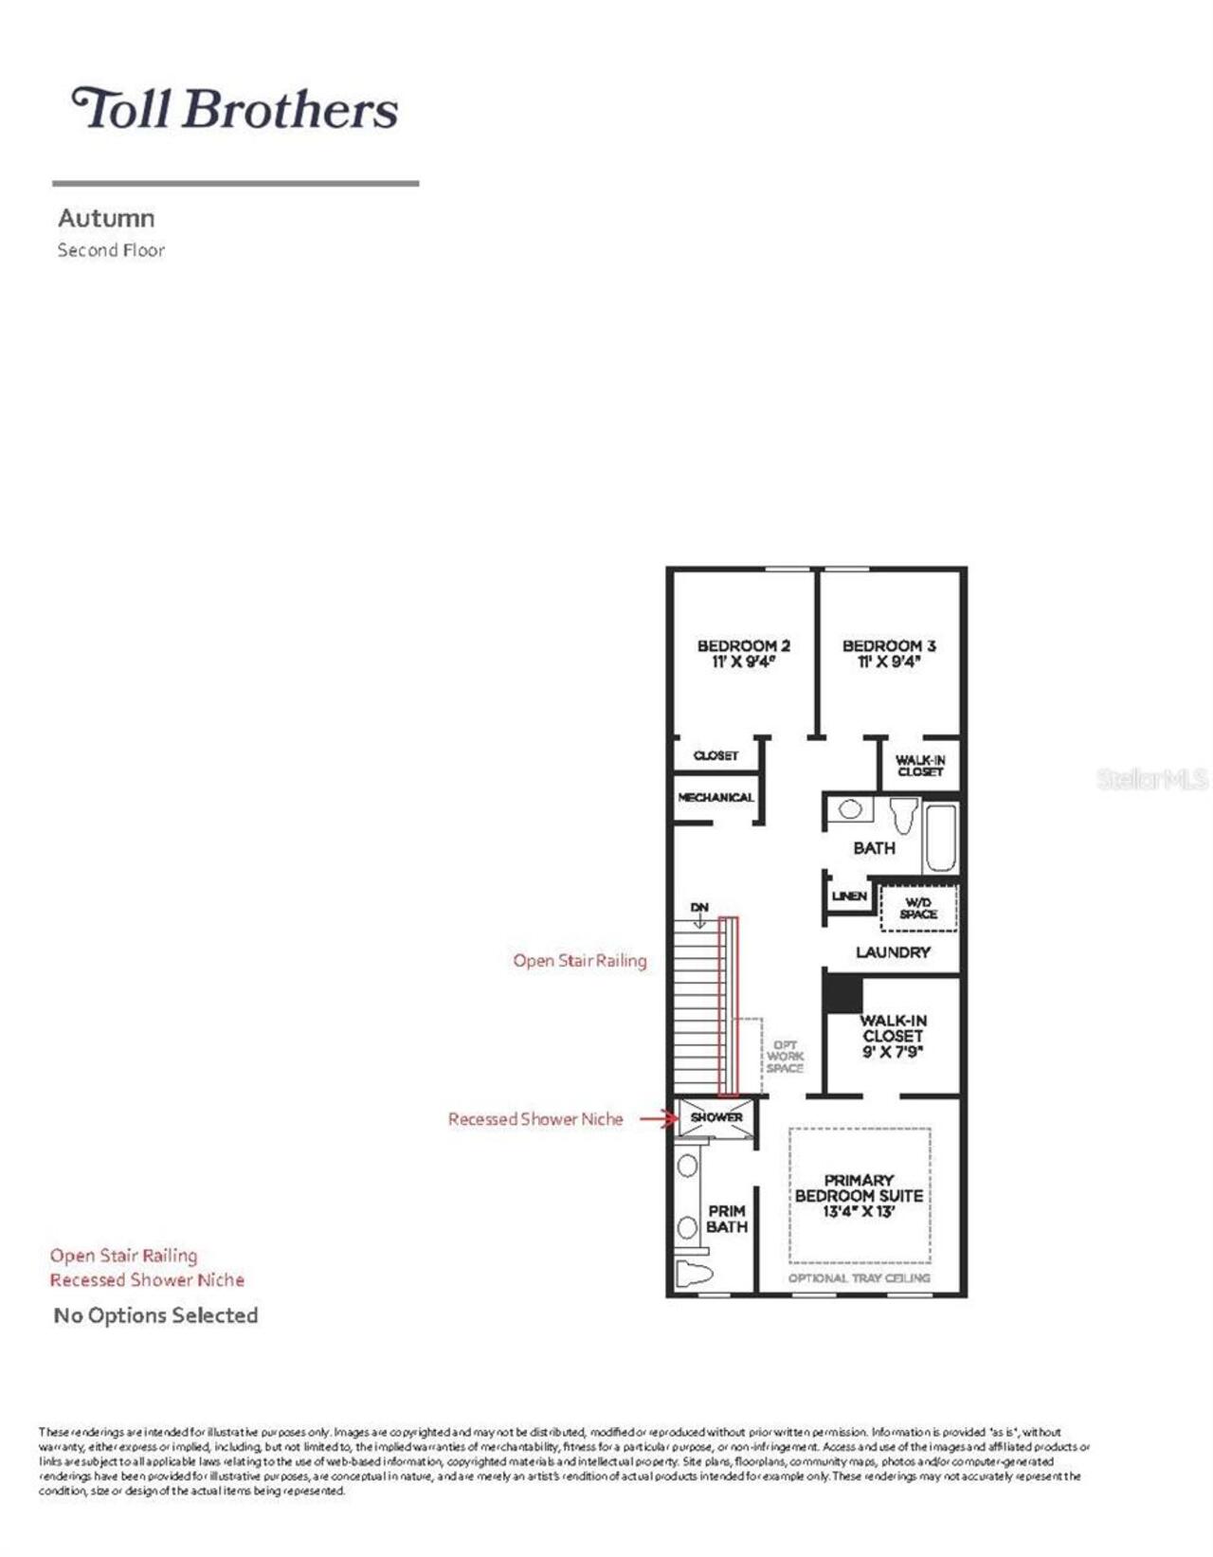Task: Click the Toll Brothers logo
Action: (x=235, y=108)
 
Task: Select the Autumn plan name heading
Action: (x=106, y=218)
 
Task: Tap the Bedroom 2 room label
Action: (x=743, y=653)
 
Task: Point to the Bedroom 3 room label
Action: (x=889, y=653)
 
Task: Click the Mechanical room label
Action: (x=715, y=798)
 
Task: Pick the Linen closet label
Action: (x=849, y=896)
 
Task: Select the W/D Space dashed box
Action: (x=918, y=908)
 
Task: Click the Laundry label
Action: (x=893, y=951)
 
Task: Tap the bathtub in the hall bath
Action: (x=941, y=837)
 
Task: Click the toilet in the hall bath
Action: (x=904, y=814)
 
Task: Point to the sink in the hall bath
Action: (x=850, y=809)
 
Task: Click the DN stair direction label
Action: (x=699, y=908)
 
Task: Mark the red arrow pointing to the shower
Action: (x=659, y=1119)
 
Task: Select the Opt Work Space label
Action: (x=785, y=1057)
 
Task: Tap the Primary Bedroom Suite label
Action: (x=859, y=1195)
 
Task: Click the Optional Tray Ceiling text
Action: (x=859, y=1278)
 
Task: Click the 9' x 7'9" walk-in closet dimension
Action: (x=893, y=1052)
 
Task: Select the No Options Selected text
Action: (x=155, y=1315)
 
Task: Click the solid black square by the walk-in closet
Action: (x=842, y=993)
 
